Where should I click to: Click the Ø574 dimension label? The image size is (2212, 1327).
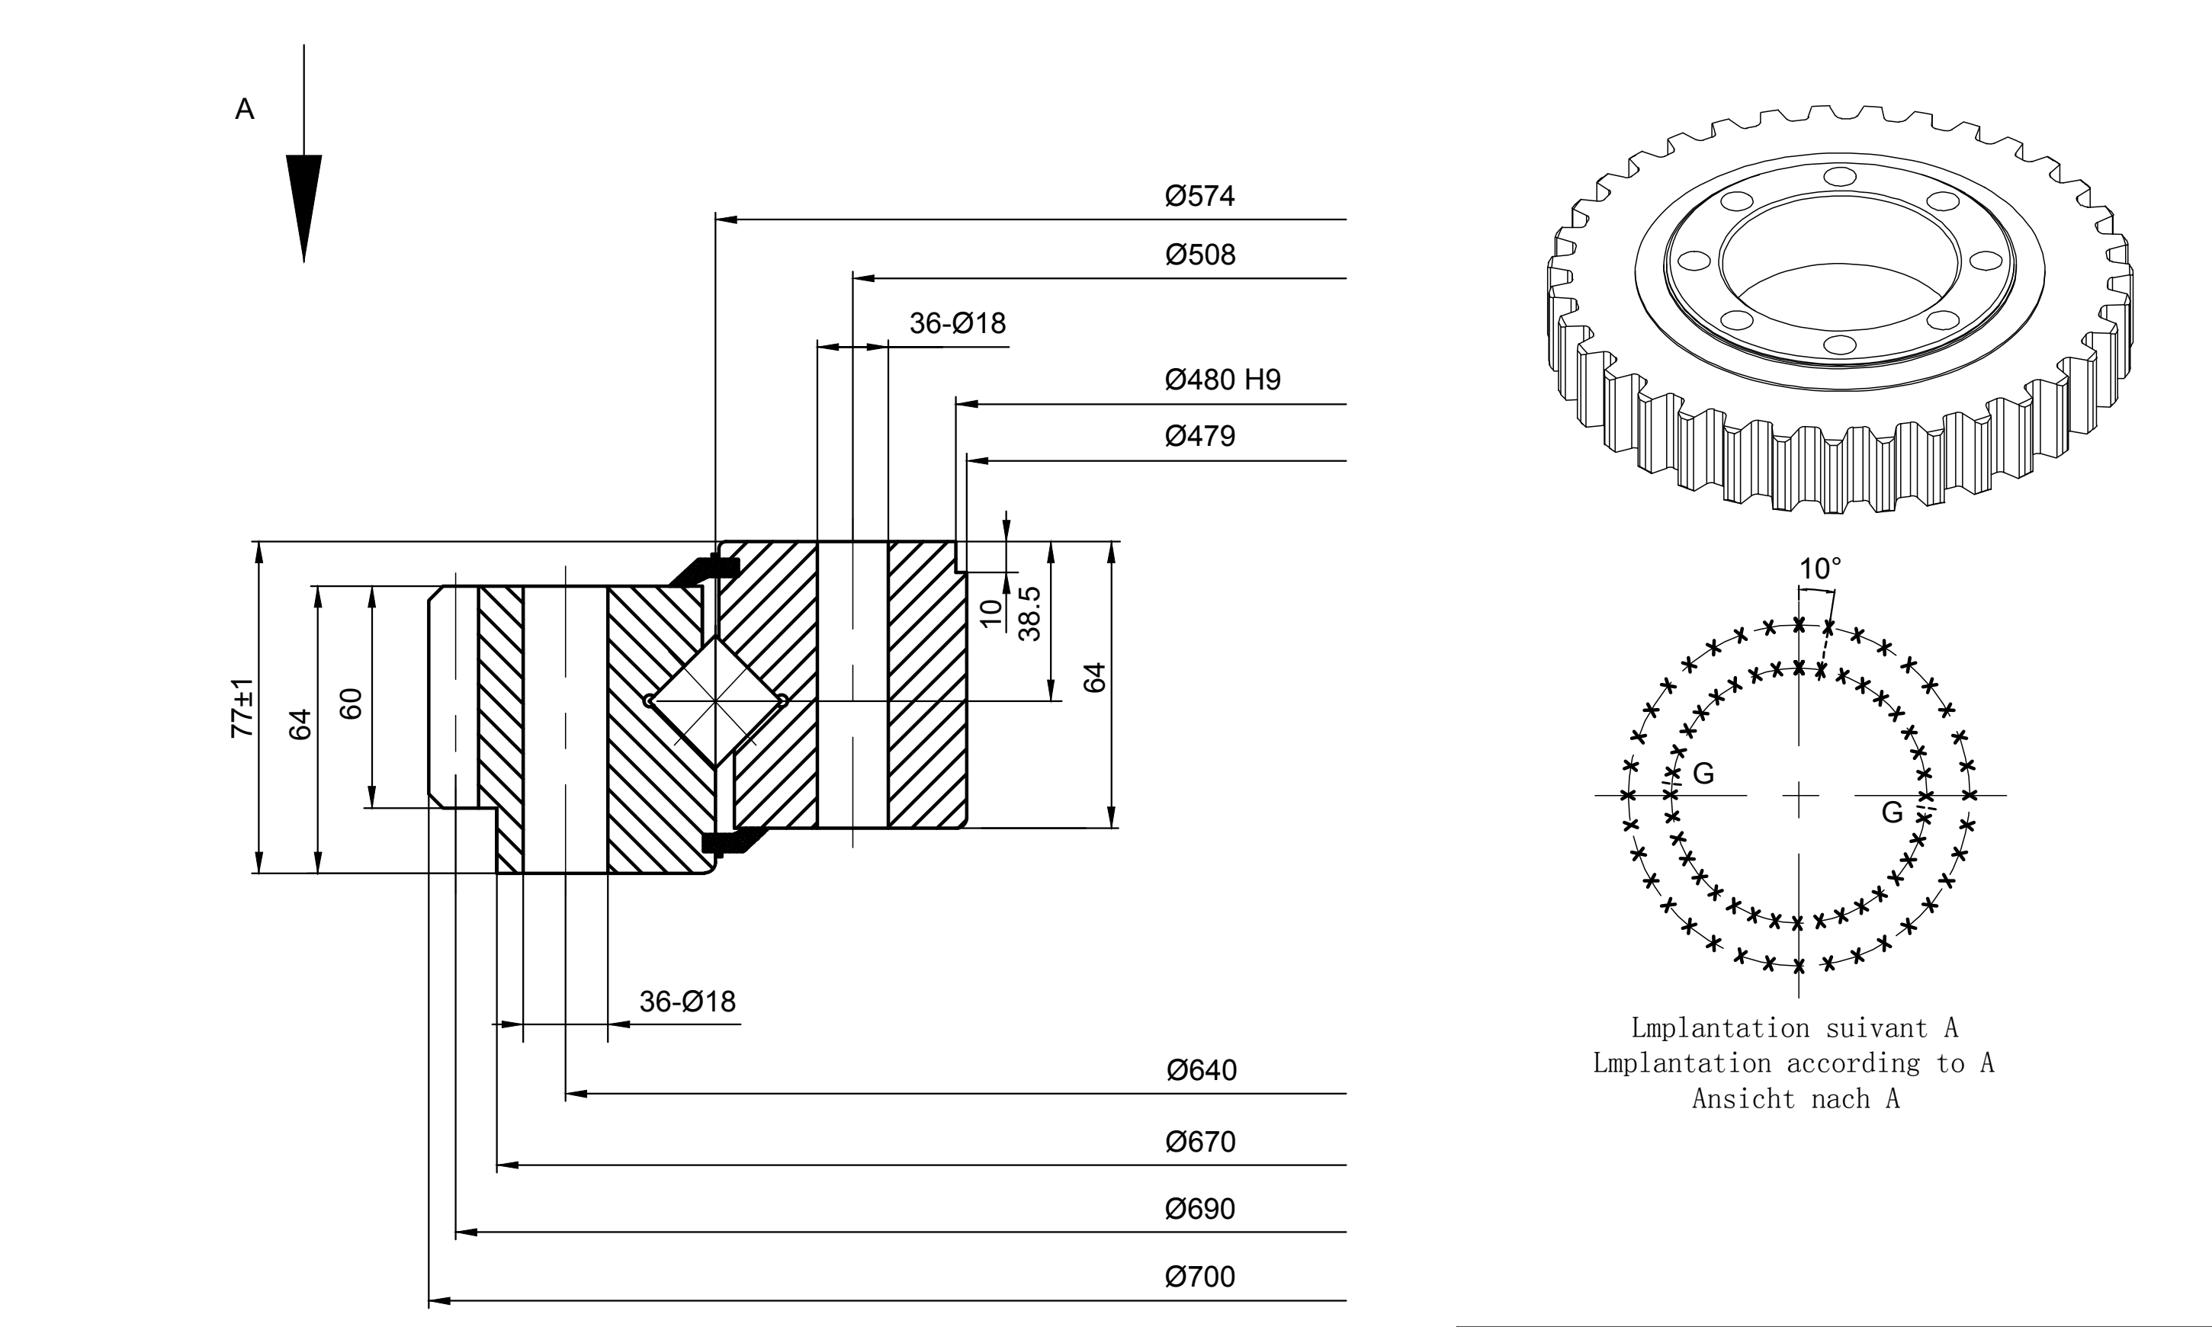coord(1199,196)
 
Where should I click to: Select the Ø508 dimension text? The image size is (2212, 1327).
coord(1199,255)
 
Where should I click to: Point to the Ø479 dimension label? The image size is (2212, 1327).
coord(1199,437)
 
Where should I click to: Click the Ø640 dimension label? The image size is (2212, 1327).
coord(1201,1070)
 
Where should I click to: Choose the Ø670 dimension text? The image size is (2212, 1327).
coord(1200,1142)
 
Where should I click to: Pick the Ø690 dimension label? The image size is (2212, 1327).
coord(1199,1209)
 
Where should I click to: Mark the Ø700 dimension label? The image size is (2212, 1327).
coord(1199,1277)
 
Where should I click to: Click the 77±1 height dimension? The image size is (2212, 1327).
coord(242,708)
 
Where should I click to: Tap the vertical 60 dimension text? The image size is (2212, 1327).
coord(352,704)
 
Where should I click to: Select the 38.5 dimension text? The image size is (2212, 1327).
coord(1029,614)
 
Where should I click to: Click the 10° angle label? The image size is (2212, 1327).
coord(1820,569)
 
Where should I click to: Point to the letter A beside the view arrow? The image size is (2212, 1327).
coord(244,109)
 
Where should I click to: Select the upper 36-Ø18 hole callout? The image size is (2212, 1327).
coord(957,323)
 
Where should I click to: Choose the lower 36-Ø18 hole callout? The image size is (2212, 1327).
coord(687,1002)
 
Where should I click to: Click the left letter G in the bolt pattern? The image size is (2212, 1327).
coord(1704,774)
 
